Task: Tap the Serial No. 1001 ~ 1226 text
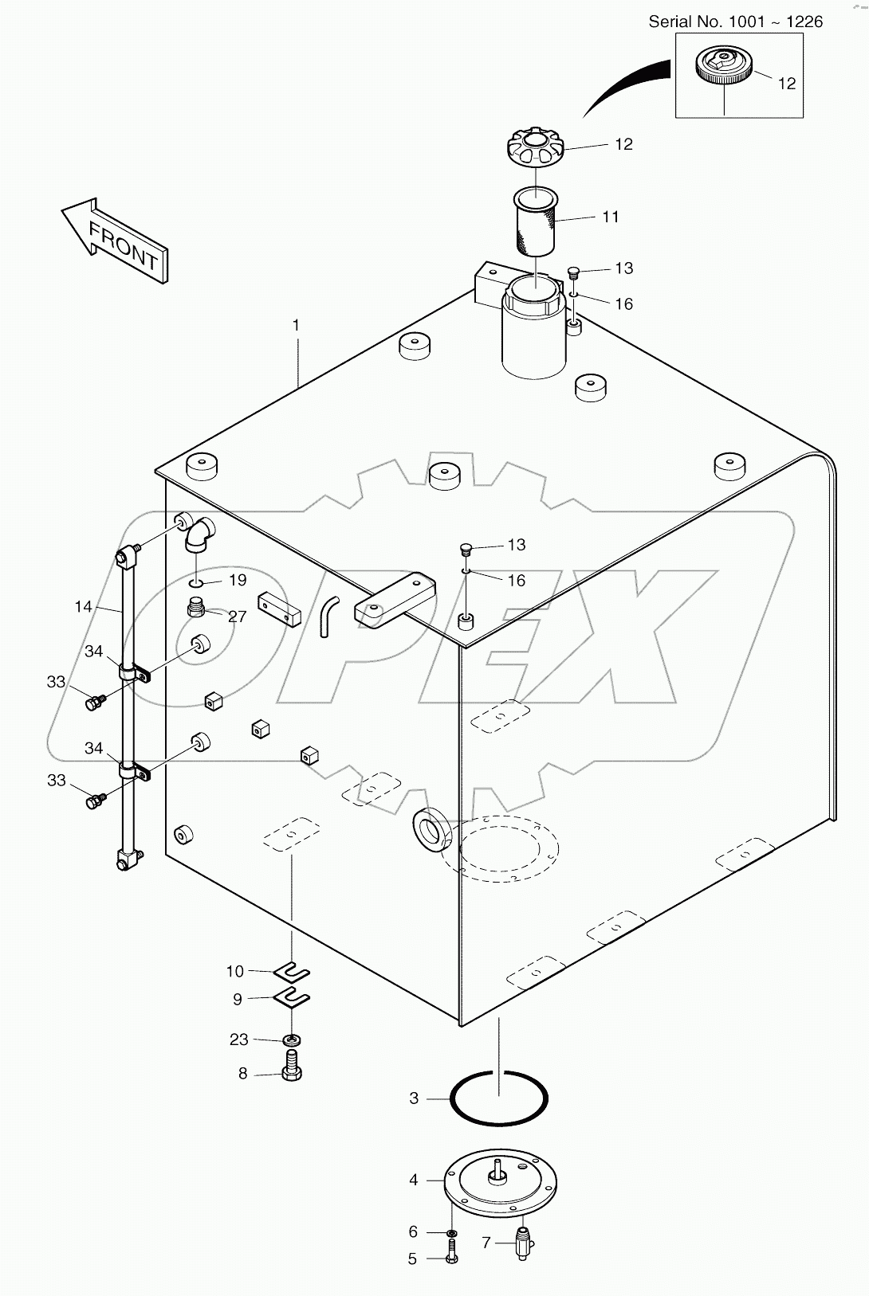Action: pos(735,22)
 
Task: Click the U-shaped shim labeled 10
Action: pos(292,973)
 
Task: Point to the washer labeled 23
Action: pos(293,1040)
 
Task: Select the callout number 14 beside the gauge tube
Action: pos(84,607)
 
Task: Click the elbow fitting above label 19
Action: pos(198,533)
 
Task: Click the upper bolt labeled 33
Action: pos(95,702)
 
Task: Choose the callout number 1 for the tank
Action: pos(296,325)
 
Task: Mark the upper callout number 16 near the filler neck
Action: pos(623,304)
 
